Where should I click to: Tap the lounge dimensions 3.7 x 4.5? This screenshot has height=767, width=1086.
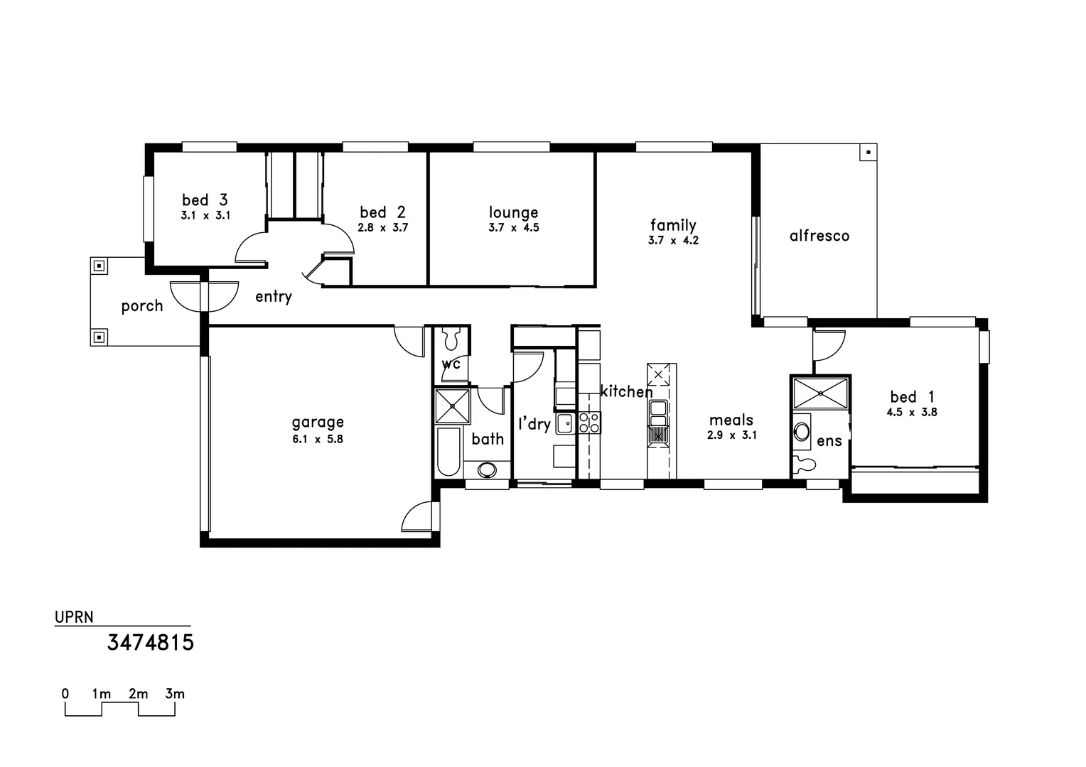pyautogui.click(x=513, y=228)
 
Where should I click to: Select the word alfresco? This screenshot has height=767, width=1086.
pyautogui.click(x=819, y=236)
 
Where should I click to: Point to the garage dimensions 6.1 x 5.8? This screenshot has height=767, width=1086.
pyautogui.click(x=317, y=439)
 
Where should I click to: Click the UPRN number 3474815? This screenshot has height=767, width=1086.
pyautogui.click(x=151, y=643)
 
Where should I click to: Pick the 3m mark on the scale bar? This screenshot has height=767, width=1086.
pyautogui.click(x=174, y=694)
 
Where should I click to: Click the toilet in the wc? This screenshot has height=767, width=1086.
pyautogui.click(x=451, y=339)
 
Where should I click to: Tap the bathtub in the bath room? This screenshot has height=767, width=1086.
pyautogui.click(x=448, y=452)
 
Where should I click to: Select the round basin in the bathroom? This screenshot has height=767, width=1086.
pyautogui.click(x=488, y=469)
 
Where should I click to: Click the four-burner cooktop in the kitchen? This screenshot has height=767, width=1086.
pyautogui.click(x=589, y=423)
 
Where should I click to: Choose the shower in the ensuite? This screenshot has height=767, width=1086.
pyautogui.click(x=820, y=393)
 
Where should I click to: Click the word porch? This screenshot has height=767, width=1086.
pyautogui.click(x=142, y=306)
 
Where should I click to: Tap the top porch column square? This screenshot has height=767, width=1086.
pyautogui.click(x=100, y=266)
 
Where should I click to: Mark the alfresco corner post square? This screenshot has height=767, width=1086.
pyautogui.click(x=868, y=152)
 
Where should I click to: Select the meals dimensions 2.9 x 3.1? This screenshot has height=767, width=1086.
pyautogui.click(x=731, y=435)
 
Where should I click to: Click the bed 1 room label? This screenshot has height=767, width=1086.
pyautogui.click(x=912, y=397)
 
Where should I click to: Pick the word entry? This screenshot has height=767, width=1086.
pyautogui.click(x=274, y=297)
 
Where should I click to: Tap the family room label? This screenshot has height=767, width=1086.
pyautogui.click(x=672, y=226)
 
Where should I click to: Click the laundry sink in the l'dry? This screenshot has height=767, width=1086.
pyautogui.click(x=564, y=424)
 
